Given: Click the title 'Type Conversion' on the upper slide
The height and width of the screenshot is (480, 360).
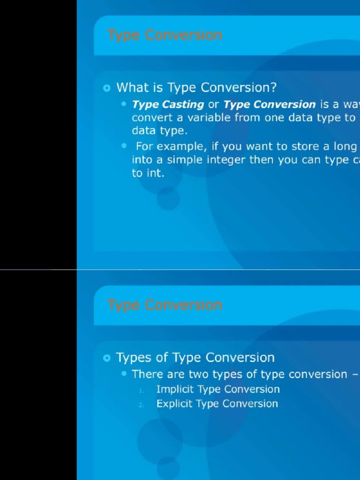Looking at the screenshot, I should [x=165, y=35].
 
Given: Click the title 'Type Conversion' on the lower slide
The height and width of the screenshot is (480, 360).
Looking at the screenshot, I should [x=165, y=305].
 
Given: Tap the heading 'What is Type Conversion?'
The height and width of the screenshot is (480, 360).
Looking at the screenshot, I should [x=196, y=88].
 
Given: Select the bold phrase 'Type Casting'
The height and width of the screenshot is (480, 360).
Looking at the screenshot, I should [x=168, y=105].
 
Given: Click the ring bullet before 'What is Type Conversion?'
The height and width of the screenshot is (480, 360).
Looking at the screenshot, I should [x=107, y=88].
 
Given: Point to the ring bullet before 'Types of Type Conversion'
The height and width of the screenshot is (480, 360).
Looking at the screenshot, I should [x=107, y=358].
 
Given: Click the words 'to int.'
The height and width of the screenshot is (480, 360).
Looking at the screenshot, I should [x=148, y=173].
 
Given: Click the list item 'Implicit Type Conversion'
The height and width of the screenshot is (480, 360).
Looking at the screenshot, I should [x=218, y=390].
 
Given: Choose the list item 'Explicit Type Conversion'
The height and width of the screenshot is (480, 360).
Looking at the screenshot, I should [x=217, y=404].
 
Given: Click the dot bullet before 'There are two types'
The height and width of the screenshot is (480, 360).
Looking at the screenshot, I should [x=124, y=374].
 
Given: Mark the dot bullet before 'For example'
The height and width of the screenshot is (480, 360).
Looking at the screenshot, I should [x=124, y=146].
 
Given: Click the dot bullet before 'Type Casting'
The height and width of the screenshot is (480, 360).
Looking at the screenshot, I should [x=124, y=104].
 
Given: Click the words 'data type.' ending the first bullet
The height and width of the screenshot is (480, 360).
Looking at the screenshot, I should [x=159, y=131].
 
